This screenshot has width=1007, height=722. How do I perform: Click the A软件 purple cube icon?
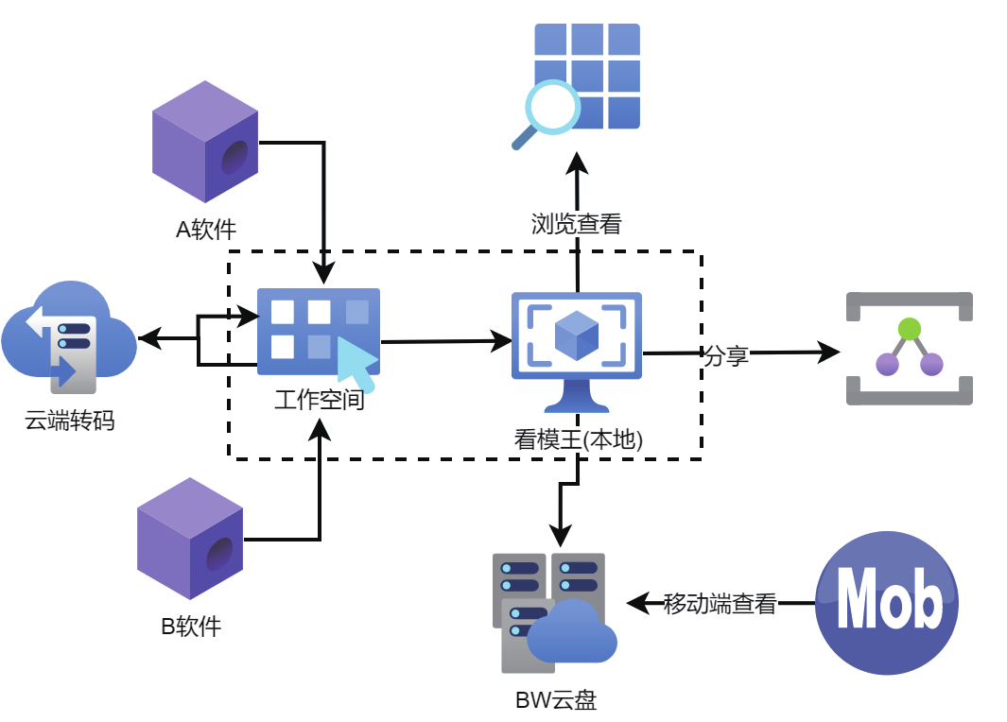coord(205,142)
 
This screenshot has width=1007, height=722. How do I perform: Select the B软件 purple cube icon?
coord(190,538)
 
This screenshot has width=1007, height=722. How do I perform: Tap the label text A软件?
coord(206,229)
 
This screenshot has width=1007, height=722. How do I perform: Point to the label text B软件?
coord(191,626)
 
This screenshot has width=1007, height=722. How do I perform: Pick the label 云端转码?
coord(70,421)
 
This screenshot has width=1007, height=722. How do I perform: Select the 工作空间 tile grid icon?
coord(318,335)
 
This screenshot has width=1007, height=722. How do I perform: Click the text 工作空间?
coord(320,401)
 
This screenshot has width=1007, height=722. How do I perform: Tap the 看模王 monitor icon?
coord(577,350)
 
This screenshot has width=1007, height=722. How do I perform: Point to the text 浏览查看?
coord(576,224)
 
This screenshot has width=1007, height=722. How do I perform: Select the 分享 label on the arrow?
coord(726,355)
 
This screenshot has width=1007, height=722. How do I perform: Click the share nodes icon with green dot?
coord(909,349)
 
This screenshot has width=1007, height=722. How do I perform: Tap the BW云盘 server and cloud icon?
coord(553,610)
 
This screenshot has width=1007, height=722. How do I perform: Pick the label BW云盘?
coord(556,700)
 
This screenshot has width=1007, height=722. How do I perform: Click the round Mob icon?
coord(886,603)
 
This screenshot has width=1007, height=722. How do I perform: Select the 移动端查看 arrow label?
coord(720,604)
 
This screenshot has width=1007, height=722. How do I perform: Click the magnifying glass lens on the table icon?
coord(551,107)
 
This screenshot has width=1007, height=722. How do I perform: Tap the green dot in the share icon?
coord(909,329)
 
